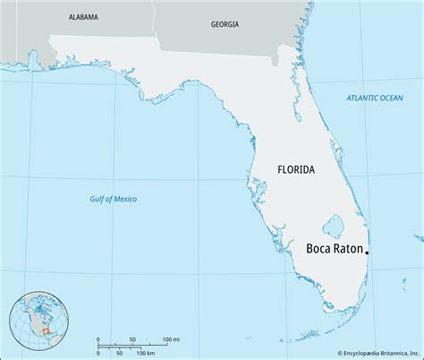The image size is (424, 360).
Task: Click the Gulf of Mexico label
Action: click(113, 198)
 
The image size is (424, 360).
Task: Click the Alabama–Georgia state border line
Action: click(154, 18)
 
